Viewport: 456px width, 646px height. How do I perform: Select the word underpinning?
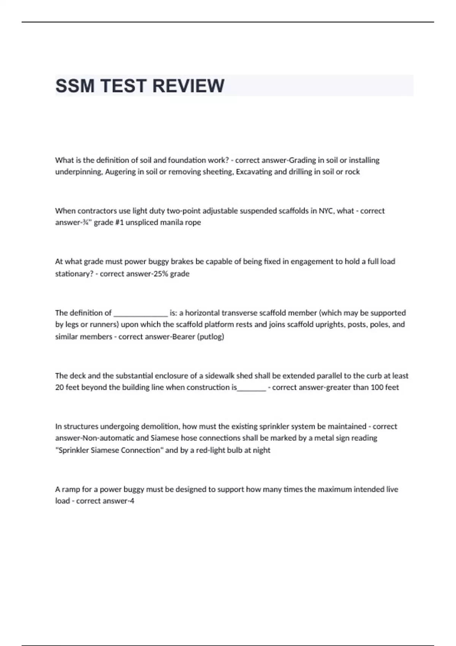coord(79,172)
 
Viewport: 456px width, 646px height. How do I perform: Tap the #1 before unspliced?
coord(119,222)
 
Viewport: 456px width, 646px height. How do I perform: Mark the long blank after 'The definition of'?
coord(141,313)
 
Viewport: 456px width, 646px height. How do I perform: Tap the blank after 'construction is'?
coord(252,388)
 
